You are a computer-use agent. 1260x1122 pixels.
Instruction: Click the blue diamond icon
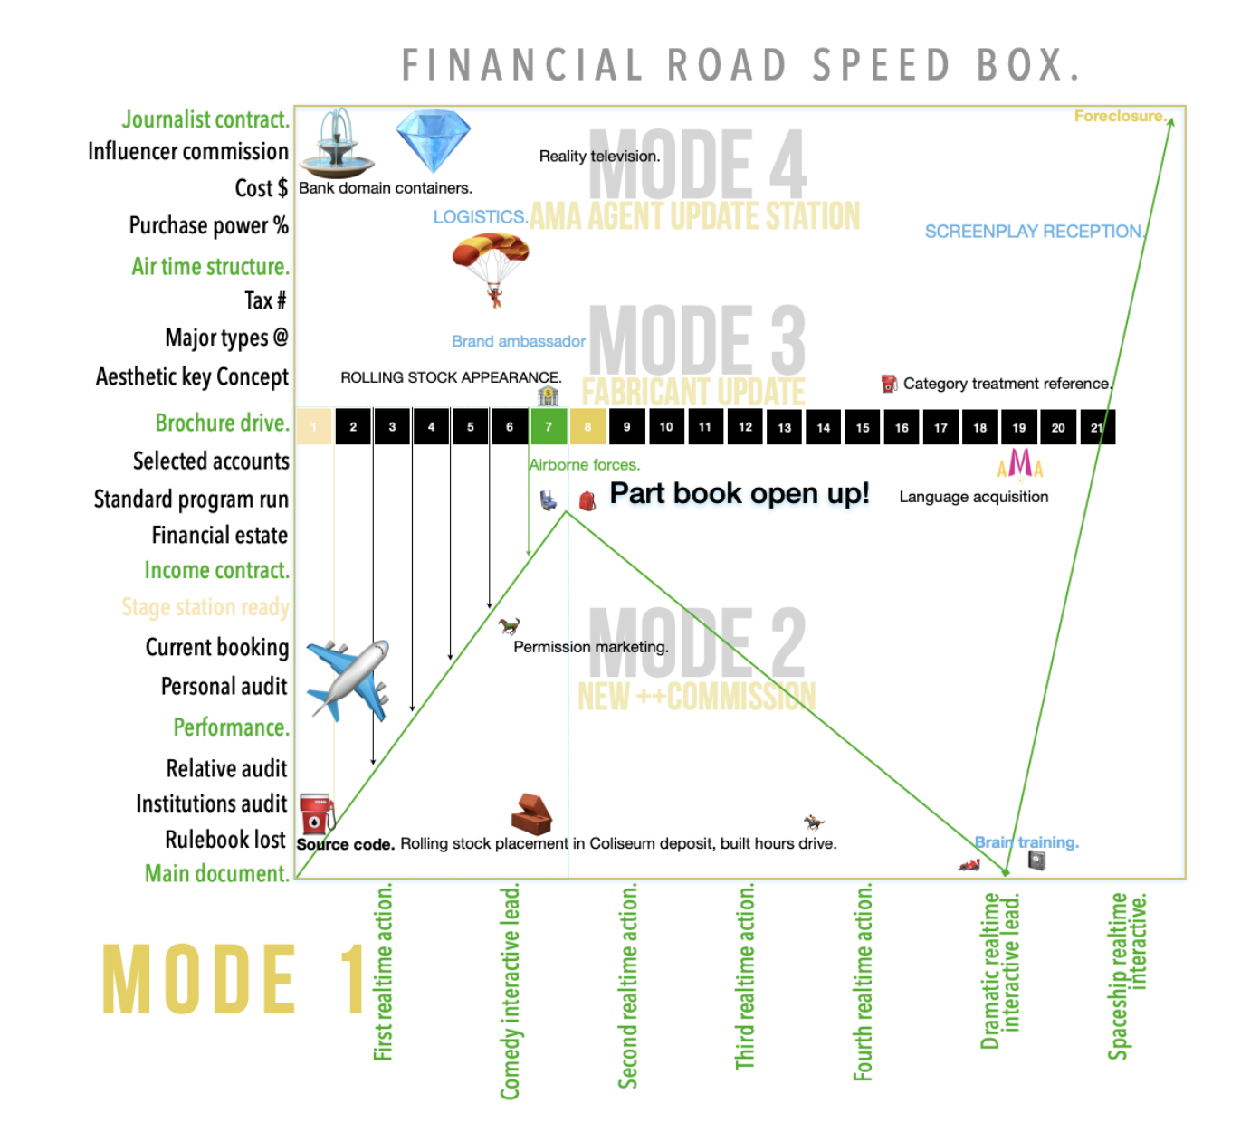[x=434, y=140]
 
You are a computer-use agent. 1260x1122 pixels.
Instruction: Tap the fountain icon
[x=337, y=145]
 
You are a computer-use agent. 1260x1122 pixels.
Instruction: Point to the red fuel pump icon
[x=316, y=813]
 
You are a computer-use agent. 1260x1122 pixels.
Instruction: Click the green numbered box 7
[x=549, y=427]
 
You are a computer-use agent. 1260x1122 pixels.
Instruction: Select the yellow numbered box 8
[x=587, y=427]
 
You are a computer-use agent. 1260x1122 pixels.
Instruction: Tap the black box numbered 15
[x=863, y=427]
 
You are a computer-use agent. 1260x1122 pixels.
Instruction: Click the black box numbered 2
[x=353, y=427]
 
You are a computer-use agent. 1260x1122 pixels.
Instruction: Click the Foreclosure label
[x=1120, y=116]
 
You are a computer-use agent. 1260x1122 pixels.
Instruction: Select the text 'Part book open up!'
[x=739, y=493]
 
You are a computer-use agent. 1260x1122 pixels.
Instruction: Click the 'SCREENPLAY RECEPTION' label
[x=1034, y=232]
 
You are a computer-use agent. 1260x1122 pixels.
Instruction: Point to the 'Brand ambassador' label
[x=519, y=341]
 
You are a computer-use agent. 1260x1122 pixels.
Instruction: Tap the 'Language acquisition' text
[x=973, y=497]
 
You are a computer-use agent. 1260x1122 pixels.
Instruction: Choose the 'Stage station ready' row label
[x=205, y=607]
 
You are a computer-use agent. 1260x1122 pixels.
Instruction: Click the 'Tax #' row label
[x=265, y=300]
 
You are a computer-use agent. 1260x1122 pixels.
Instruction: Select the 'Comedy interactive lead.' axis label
[x=511, y=991]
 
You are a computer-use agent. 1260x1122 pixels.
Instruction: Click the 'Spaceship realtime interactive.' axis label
[x=1128, y=975]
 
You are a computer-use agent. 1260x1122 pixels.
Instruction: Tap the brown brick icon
[x=531, y=813]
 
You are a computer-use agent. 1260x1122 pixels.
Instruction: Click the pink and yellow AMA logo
[x=1020, y=463]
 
